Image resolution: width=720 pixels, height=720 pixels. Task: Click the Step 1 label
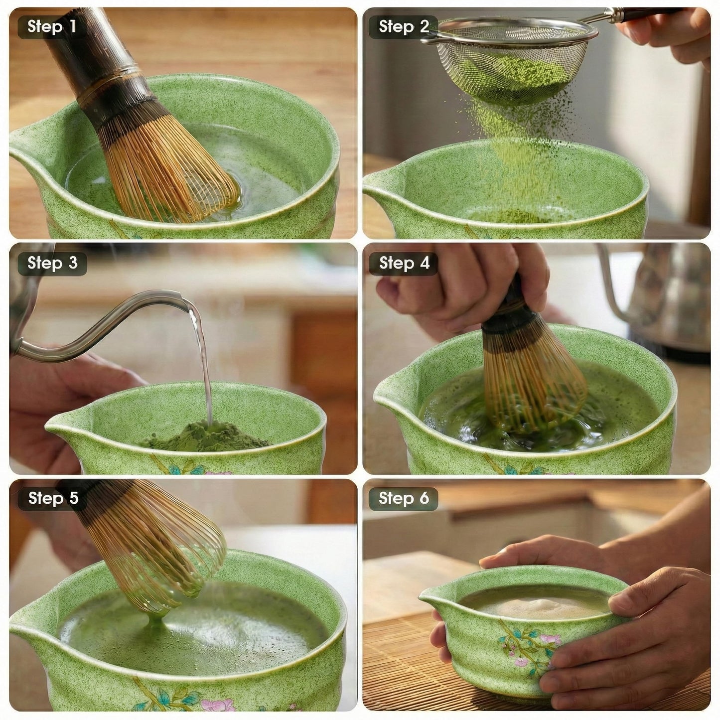pos(52,26)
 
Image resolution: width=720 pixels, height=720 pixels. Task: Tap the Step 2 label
pos(404,26)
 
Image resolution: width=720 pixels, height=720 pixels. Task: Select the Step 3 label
pos(52,263)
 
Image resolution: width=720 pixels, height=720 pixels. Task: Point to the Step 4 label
pos(404,263)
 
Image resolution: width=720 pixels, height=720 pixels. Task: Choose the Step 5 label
pos(53,498)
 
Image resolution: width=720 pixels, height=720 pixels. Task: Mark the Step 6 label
pos(404,498)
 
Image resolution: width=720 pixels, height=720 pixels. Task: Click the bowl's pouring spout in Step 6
pos(433,598)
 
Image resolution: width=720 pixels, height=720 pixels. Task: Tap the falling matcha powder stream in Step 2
pos(518,149)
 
